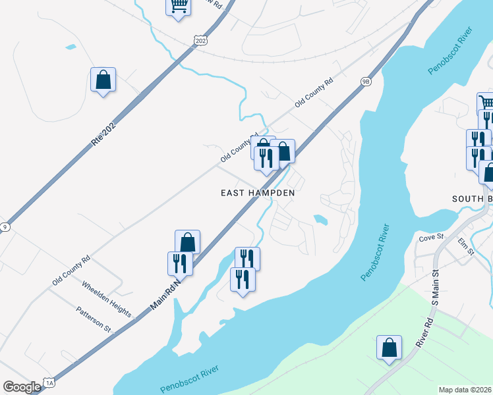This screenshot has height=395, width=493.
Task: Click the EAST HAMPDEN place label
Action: click(x=257, y=193)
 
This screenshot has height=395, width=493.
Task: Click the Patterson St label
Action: click(x=93, y=318)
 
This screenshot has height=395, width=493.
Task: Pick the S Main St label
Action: click(x=435, y=284)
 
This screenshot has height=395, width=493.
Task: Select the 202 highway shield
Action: click(x=200, y=41)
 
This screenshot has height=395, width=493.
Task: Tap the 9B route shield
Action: click(x=366, y=81)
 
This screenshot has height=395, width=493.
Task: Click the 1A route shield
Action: click(x=49, y=382)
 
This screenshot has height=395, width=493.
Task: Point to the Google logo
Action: click(x=21, y=387)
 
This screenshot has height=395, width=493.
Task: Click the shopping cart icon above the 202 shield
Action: click(x=178, y=6)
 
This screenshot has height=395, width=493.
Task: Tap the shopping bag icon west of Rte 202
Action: click(x=103, y=80)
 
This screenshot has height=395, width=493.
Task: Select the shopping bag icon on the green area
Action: click(x=389, y=348)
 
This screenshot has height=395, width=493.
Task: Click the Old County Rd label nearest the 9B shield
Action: click(x=314, y=93)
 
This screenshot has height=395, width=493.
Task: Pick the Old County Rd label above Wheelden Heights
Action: click(x=71, y=271)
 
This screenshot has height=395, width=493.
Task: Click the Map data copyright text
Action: click(x=465, y=389)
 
